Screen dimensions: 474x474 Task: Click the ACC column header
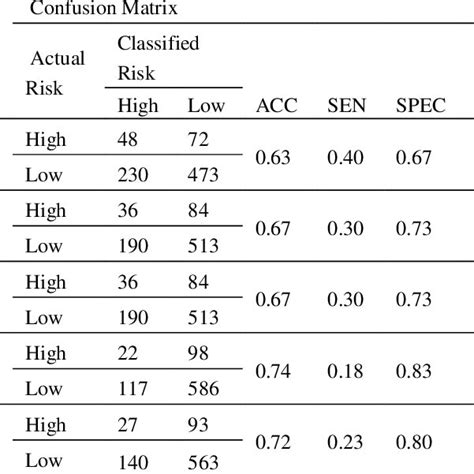pyautogui.click(x=278, y=105)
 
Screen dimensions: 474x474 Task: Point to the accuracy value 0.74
pyautogui.click(x=274, y=372)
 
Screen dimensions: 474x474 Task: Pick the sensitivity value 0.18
pyautogui.click(x=345, y=372)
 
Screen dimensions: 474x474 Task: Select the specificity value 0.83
pyautogui.click(x=416, y=372)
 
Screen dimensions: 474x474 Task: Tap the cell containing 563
pyautogui.click(x=206, y=461)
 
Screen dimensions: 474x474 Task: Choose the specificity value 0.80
pyautogui.click(x=416, y=443)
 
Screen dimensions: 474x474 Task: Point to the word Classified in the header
pyautogui.click(x=158, y=44)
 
